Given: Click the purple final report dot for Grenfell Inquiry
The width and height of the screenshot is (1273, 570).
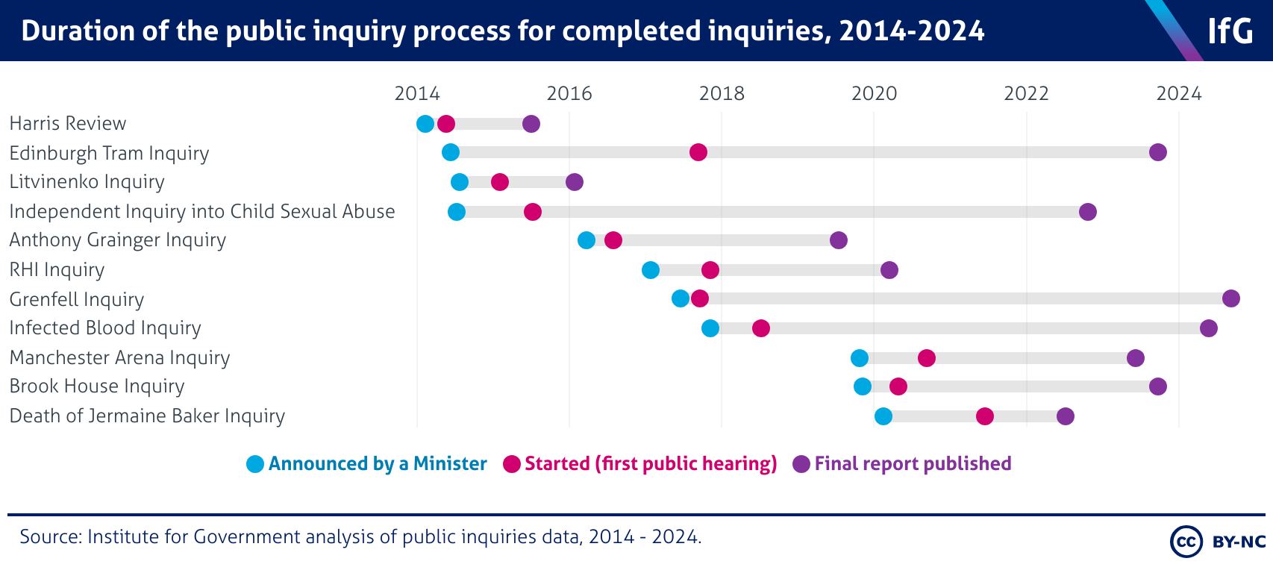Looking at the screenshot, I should click(x=1231, y=298).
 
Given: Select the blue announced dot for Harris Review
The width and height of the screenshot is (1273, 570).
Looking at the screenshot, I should click(x=425, y=124).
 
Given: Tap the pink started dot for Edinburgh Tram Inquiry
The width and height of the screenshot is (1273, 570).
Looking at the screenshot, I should click(x=698, y=152).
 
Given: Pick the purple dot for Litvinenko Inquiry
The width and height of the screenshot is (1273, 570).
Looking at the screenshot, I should click(x=575, y=182).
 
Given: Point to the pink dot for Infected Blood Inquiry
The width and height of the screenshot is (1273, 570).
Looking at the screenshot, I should click(x=761, y=328).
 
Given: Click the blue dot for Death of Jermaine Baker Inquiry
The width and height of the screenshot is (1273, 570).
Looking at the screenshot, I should click(x=883, y=416).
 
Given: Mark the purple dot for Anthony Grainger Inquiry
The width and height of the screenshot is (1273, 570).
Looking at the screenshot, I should click(x=839, y=240).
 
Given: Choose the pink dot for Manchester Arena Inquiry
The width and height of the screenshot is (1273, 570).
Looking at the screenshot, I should click(x=927, y=358).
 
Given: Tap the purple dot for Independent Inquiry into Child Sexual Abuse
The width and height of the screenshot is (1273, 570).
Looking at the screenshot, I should click(x=1088, y=212).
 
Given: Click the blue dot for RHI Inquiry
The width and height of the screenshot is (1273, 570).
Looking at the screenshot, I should click(x=651, y=270).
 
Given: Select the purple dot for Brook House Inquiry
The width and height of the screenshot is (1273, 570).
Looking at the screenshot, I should click(x=1158, y=386).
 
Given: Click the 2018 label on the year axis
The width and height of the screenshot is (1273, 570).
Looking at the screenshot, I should click(x=722, y=93).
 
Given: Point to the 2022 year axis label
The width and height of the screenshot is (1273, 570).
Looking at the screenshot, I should click(x=1026, y=93).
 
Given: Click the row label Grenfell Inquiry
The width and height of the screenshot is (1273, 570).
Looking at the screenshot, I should click(x=77, y=299).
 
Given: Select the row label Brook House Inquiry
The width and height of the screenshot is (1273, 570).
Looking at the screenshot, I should click(x=97, y=386).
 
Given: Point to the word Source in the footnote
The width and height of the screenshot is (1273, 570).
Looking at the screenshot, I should click(x=48, y=537).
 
